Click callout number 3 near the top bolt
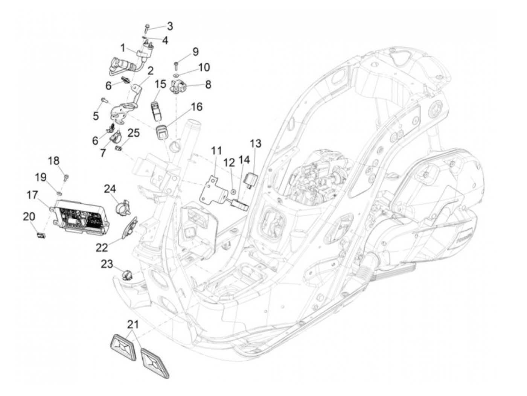pyautogui.click(x=170, y=26)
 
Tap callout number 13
pyautogui.click(x=256, y=143)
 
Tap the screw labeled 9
pyautogui.click(x=176, y=65)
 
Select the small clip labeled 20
pyautogui.click(x=40, y=235)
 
